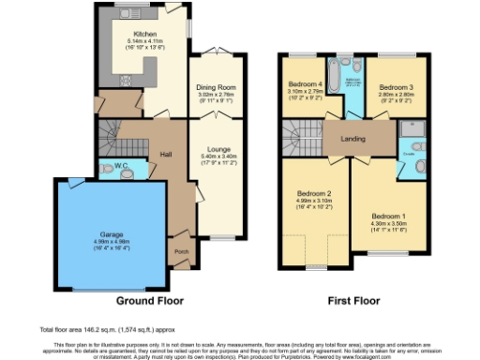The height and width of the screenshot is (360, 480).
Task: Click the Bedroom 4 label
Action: (303, 84)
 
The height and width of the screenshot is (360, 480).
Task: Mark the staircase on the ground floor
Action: (112, 134)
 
